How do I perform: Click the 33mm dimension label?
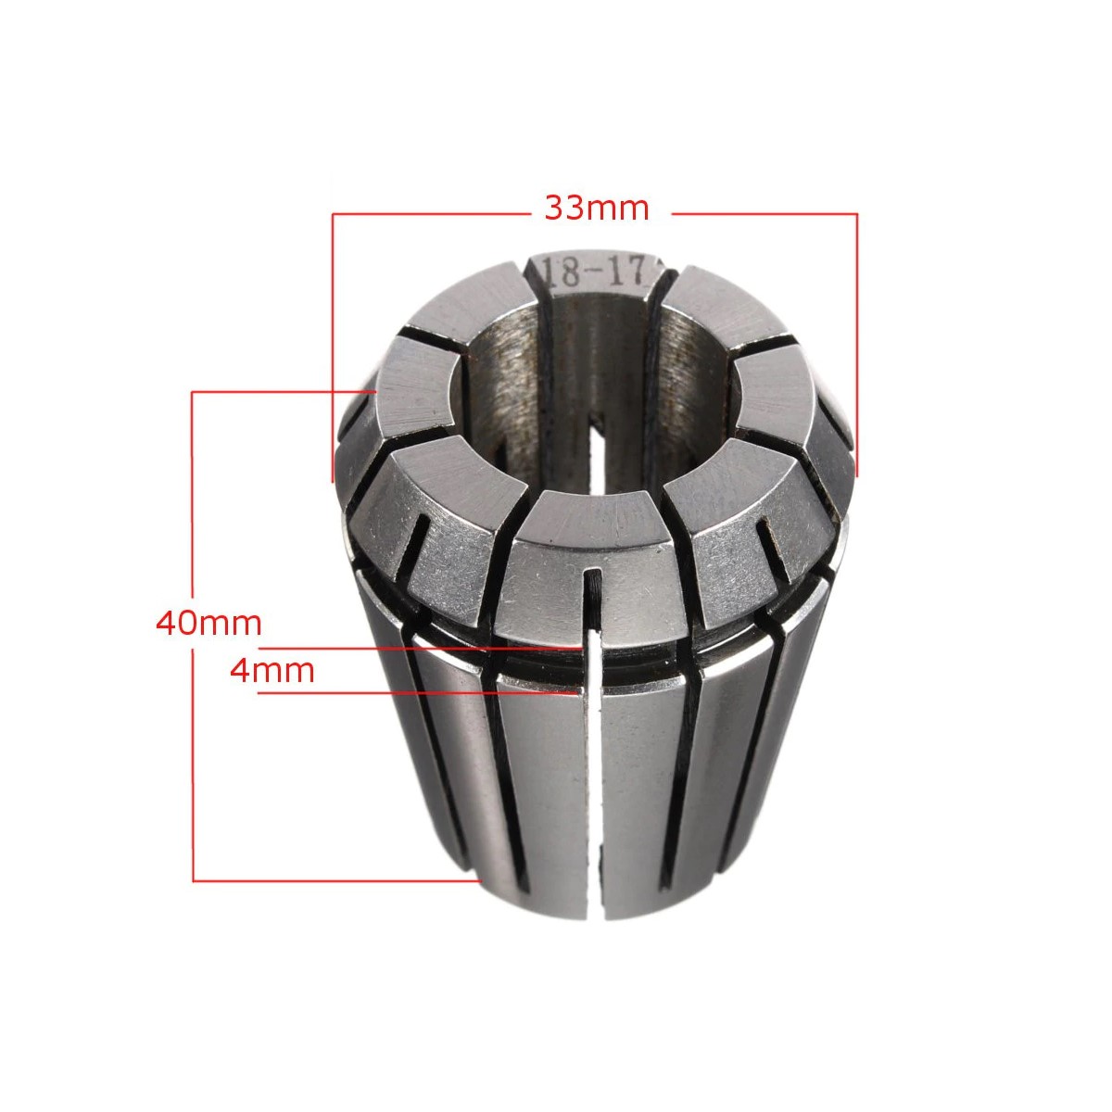pyautogui.click(x=598, y=208)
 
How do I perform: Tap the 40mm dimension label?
pyautogui.click(x=208, y=624)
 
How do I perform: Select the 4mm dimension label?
pyautogui.click(x=272, y=671)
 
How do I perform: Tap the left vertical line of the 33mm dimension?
pyautogui.click(x=333, y=347)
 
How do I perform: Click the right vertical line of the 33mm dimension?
pyautogui.click(x=856, y=345)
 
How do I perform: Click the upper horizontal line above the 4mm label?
pyautogui.click(x=420, y=649)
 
